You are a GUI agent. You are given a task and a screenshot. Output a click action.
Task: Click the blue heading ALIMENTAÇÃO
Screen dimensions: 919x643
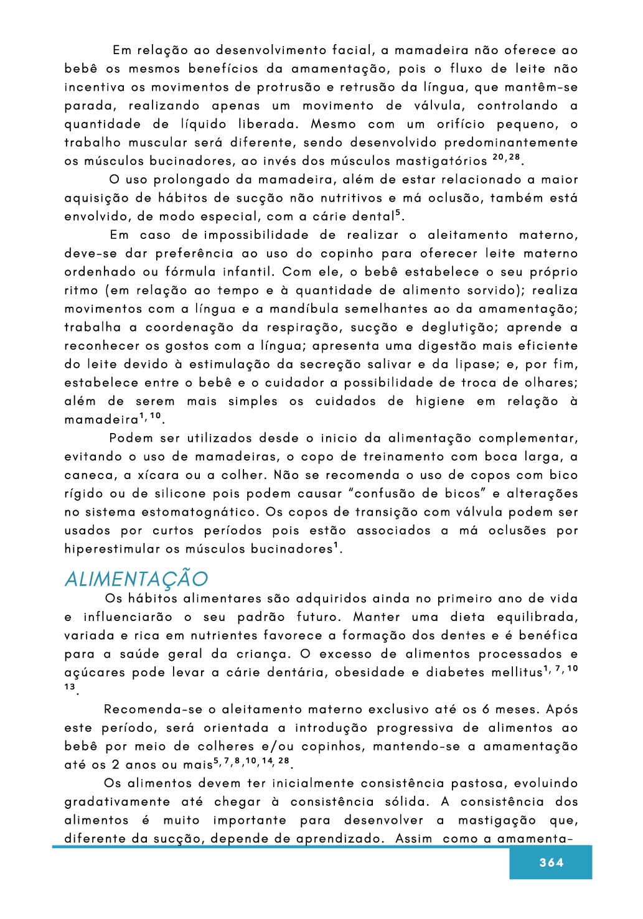point(136,579)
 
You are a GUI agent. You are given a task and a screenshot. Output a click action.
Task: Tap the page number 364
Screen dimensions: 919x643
point(551,862)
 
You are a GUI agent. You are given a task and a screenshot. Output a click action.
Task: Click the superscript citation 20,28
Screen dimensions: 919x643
point(505,158)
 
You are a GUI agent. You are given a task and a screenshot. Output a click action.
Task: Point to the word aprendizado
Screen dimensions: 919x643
point(337,839)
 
